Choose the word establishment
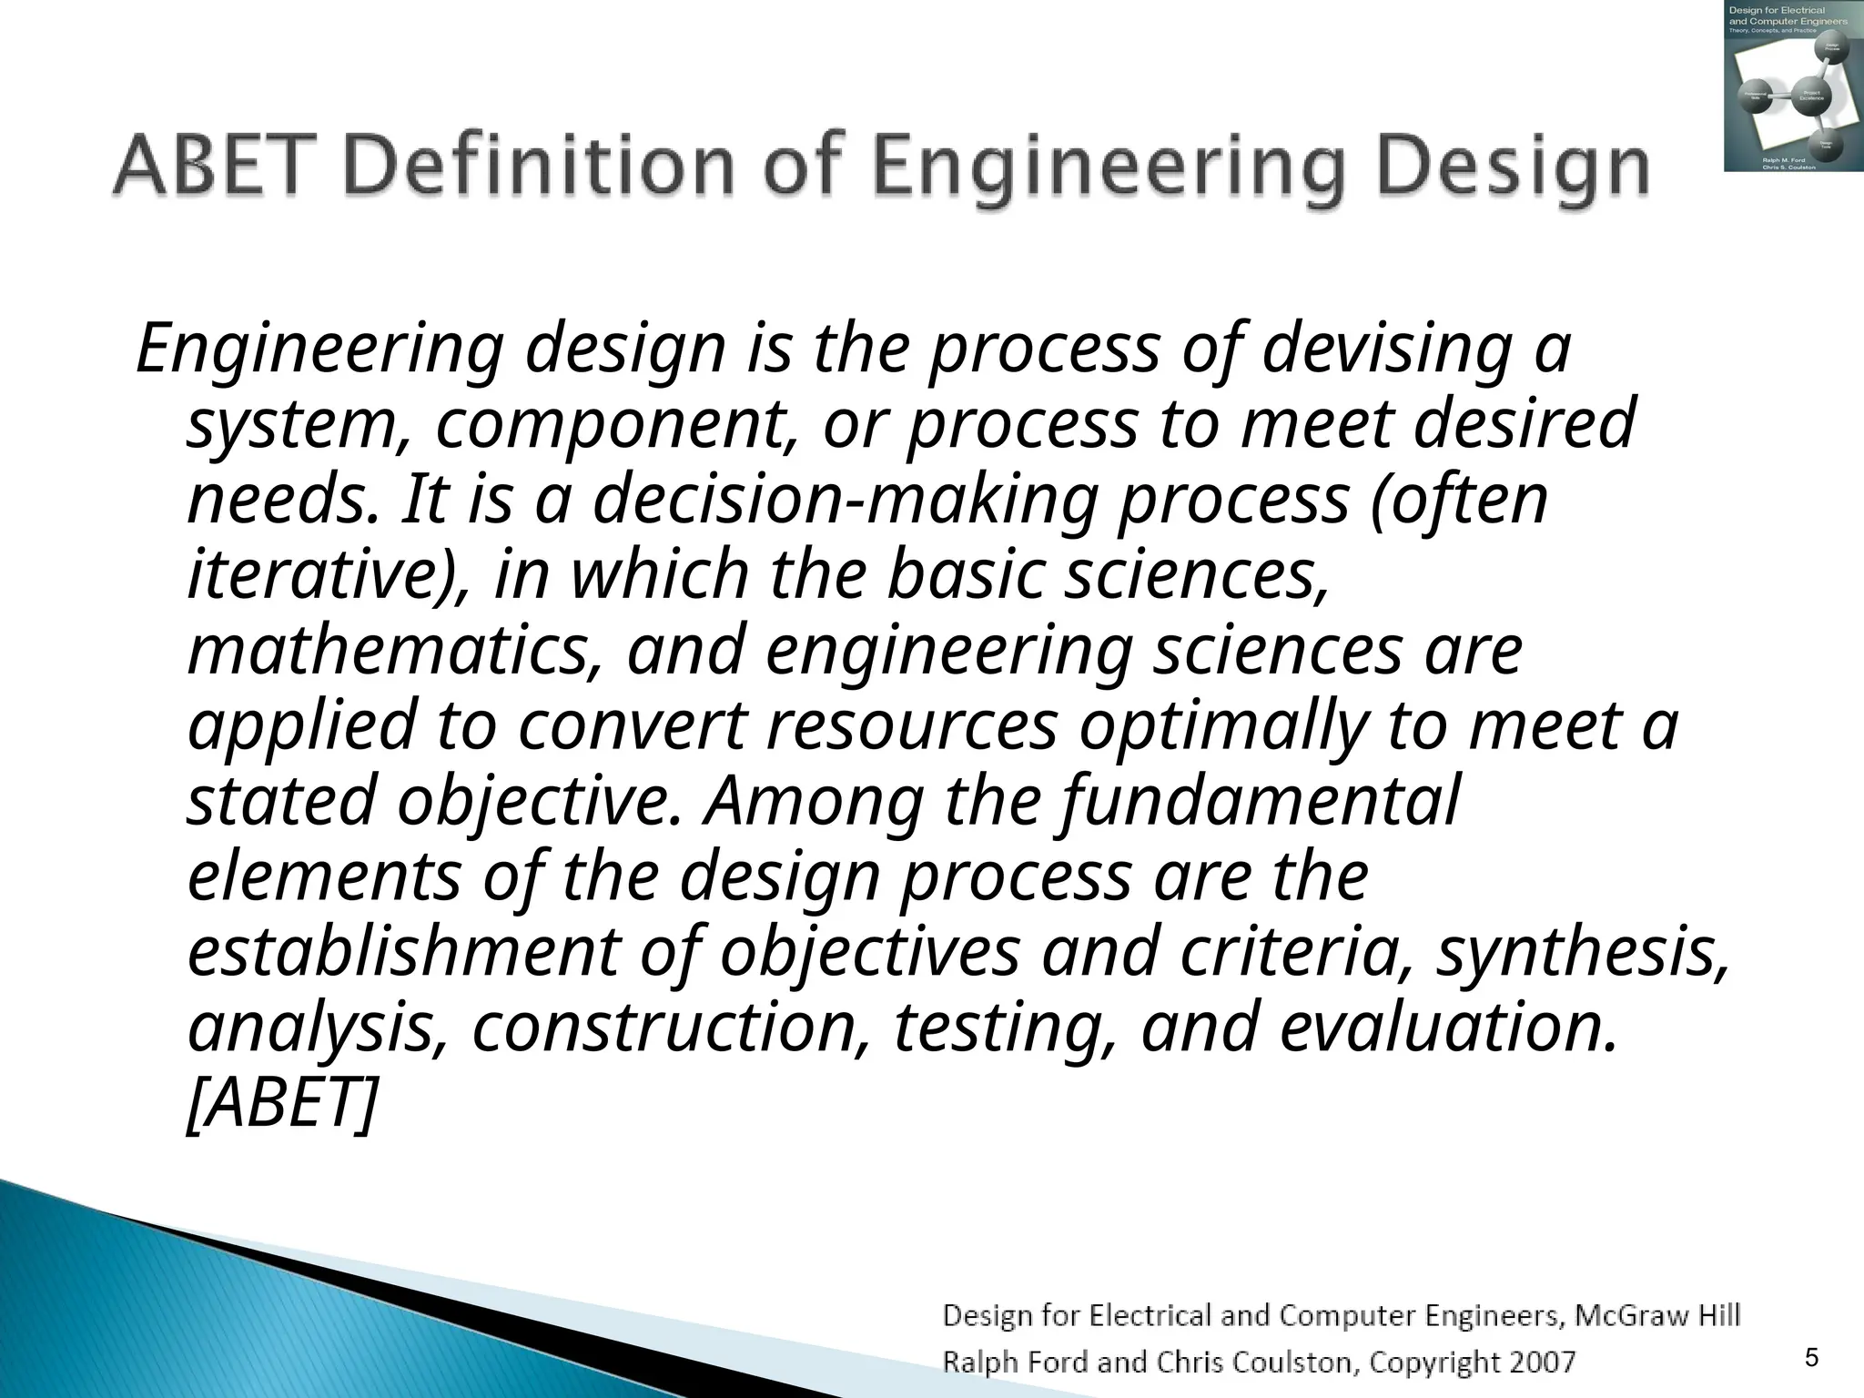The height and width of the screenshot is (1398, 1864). pyautogui.click(x=401, y=952)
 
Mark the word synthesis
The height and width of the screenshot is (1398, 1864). pyautogui.click(x=1582, y=952)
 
